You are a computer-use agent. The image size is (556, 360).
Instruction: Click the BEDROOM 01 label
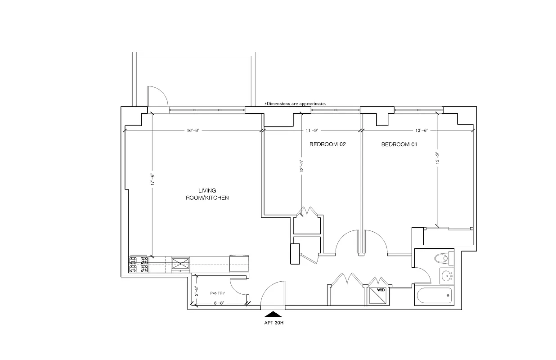(x=399, y=144)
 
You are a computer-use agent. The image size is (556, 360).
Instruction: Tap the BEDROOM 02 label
(x=327, y=144)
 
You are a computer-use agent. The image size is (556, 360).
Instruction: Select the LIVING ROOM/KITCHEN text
(x=207, y=194)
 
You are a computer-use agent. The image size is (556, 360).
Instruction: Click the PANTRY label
(x=217, y=293)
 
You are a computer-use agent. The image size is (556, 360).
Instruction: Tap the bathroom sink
(x=447, y=275)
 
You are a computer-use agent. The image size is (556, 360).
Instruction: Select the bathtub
(x=435, y=297)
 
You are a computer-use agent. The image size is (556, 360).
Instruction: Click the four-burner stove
(x=139, y=265)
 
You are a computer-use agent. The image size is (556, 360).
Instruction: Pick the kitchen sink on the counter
(x=180, y=263)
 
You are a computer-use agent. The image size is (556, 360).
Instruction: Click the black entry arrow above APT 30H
(x=273, y=314)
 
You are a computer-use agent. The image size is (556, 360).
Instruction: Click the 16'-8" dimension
(x=193, y=130)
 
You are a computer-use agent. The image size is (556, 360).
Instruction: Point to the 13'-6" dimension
(x=421, y=130)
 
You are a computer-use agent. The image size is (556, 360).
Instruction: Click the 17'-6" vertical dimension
(x=153, y=180)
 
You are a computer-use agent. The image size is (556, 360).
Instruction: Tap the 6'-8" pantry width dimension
(x=219, y=303)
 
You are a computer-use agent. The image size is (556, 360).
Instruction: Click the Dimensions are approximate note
(x=295, y=103)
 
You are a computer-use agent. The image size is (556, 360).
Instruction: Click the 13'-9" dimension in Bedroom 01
(x=437, y=160)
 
